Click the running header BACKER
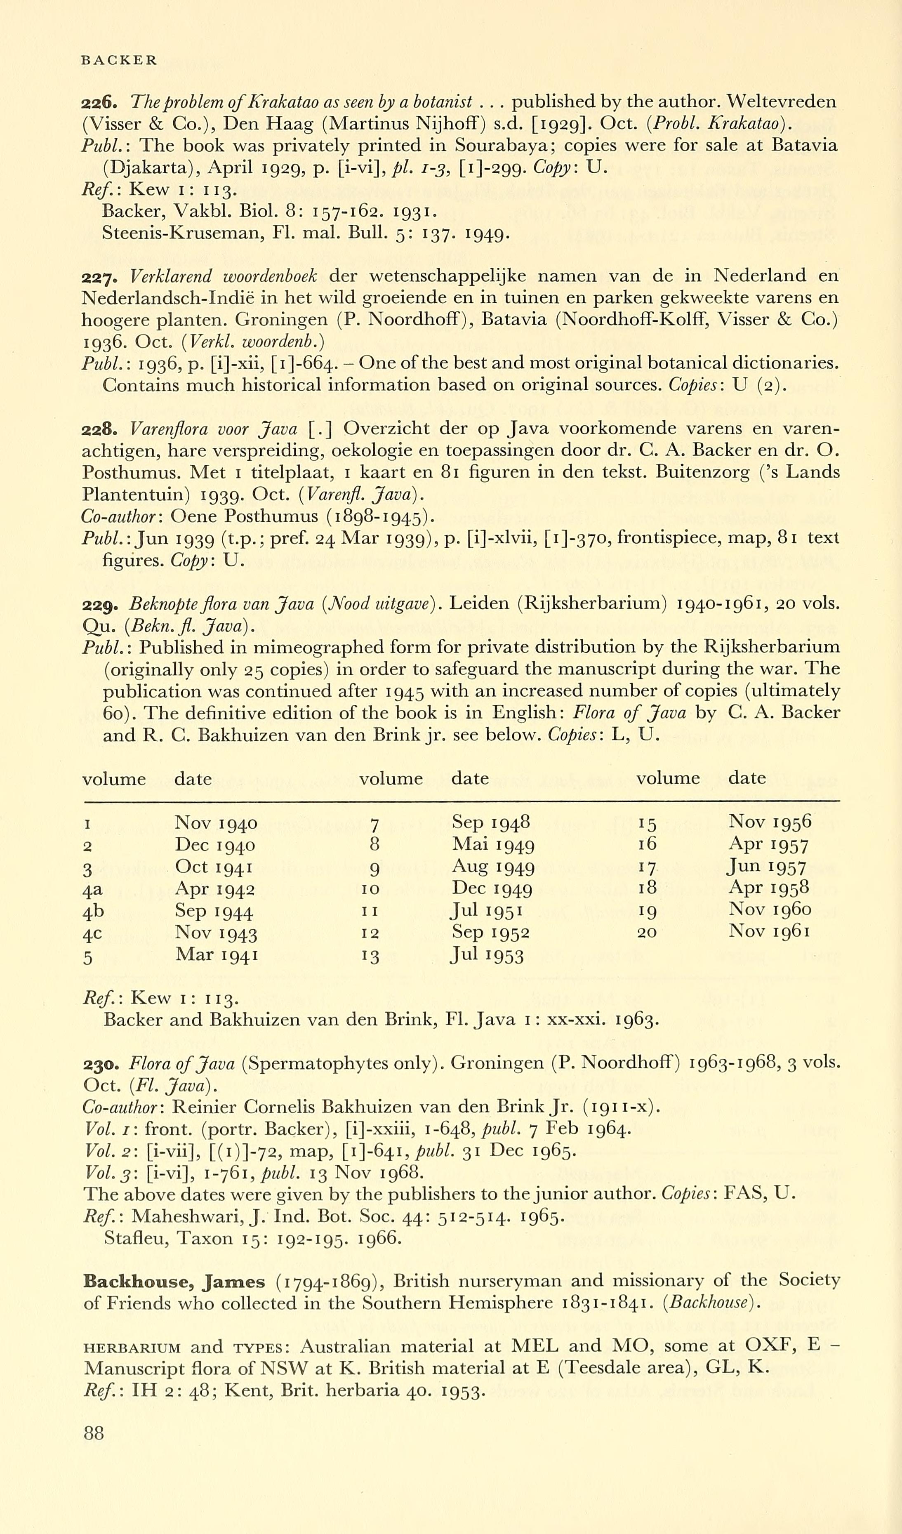[x=119, y=60]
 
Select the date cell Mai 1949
[x=493, y=845]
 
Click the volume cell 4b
[x=92, y=911]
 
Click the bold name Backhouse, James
[x=174, y=1282]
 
